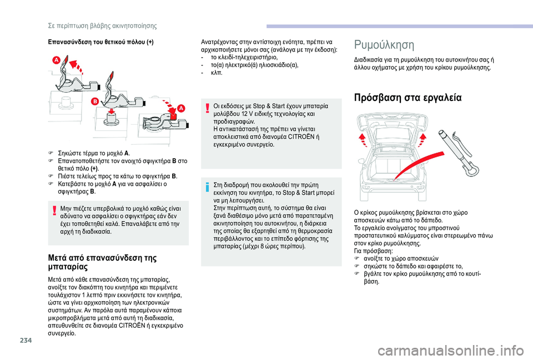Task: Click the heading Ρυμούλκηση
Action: click(x=383, y=44)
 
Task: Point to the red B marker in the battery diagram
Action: click(x=95, y=101)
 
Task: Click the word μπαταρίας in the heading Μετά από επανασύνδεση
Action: click(x=66, y=267)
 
